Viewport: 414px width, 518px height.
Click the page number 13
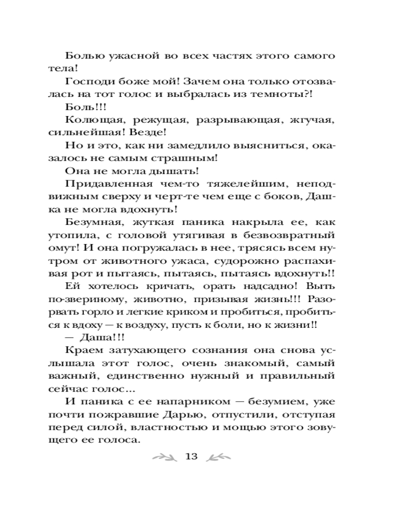(x=191, y=456)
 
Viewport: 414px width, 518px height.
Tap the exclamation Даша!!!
(x=94, y=336)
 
